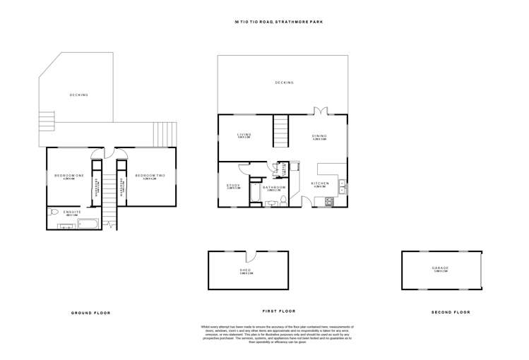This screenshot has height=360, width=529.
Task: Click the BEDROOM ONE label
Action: pyautogui.click(x=69, y=175)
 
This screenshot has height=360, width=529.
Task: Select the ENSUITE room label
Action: pyautogui.click(x=72, y=212)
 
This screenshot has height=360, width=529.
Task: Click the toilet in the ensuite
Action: pyautogui.click(x=52, y=211)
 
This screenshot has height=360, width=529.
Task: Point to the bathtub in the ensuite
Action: pyautogui.click(x=89, y=224)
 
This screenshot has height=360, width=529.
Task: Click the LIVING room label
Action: pyautogui.click(x=244, y=134)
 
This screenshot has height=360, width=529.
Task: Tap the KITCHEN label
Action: pyautogui.click(x=320, y=184)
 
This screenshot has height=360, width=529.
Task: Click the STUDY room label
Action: pyautogui.click(x=233, y=186)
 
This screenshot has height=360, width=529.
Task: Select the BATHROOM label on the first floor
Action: pyautogui.click(x=273, y=188)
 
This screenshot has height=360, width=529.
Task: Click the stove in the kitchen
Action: pyautogui.click(x=328, y=202)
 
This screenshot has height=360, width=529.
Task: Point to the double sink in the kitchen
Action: pyautogui.click(x=341, y=186)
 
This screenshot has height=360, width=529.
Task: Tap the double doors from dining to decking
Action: pyautogui.click(x=321, y=112)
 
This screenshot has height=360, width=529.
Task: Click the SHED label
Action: pyautogui.click(x=246, y=270)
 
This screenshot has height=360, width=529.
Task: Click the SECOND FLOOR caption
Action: pyautogui.click(x=450, y=312)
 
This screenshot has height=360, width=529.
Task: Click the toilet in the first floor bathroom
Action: pyautogui.click(x=283, y=201)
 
